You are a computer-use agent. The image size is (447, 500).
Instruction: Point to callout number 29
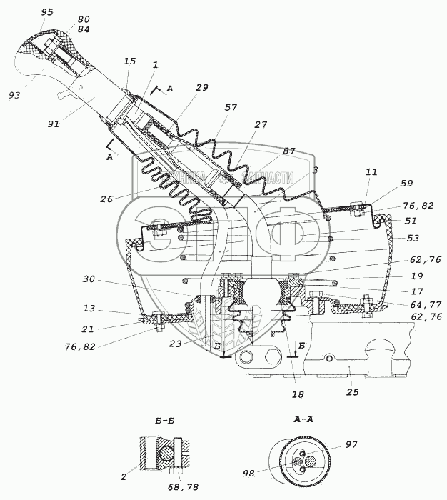201,87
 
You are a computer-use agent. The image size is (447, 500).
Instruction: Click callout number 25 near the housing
352,391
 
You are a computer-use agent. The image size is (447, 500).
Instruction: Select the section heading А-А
304,421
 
